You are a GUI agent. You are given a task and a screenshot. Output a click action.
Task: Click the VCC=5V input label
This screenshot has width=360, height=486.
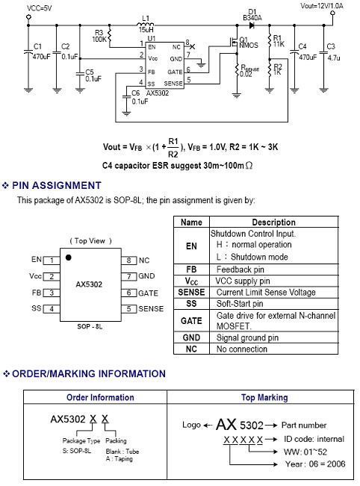point(39,8)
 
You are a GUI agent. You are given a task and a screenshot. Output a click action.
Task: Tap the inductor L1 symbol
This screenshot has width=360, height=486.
point(145,24)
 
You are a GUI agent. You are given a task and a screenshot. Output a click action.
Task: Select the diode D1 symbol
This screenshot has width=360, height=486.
point(252,25)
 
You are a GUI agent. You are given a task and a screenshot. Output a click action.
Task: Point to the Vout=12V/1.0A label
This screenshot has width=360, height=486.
point(322,5)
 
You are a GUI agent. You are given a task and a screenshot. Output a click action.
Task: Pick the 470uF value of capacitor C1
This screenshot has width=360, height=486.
point(42,57)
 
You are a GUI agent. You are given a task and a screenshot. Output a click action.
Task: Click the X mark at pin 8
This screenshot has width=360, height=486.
point(193,47)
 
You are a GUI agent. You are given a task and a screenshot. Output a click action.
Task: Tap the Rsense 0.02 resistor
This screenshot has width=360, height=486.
point(237,71)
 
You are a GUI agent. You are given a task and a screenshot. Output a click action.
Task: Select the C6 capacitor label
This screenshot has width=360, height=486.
point(135,93)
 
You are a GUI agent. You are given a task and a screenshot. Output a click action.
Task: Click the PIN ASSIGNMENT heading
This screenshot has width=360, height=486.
point(57,185)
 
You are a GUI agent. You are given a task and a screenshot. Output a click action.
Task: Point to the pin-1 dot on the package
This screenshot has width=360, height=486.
point(69,258)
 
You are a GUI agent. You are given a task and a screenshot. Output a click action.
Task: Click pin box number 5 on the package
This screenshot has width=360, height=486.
point(128,309)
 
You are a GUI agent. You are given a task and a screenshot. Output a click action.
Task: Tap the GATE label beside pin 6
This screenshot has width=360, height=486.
point(148,293)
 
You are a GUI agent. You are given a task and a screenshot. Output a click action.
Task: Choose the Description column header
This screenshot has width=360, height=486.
point(273,222)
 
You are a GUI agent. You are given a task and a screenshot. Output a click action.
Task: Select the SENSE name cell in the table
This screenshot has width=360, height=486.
point(191,293)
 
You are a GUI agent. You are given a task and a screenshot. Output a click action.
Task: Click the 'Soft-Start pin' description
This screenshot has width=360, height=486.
point(240,304)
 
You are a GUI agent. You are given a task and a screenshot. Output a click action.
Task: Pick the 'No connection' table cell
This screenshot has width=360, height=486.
point(241,349)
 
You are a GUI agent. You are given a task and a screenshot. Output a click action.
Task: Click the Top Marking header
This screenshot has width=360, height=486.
point(264,397)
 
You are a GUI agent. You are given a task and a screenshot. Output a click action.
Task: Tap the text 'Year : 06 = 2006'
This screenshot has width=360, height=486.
point(315,464)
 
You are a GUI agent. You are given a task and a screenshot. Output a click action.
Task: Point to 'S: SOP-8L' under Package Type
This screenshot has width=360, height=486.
point(77,451)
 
